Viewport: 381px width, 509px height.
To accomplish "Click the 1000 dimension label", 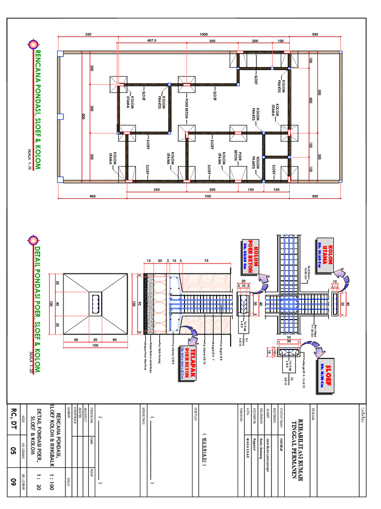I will (x=204, y=34).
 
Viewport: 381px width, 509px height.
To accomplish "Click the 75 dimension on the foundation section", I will (x=205, y=260).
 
